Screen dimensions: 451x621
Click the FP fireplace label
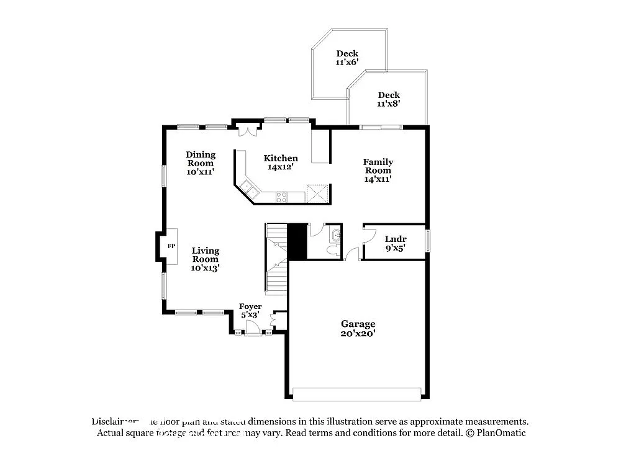tap(171, 246)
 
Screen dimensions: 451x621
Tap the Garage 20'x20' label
tap(358, 328)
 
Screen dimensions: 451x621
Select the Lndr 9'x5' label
tap(396, 243)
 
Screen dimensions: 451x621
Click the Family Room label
tap(378, 170)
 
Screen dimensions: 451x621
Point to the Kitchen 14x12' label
tap(281, 163)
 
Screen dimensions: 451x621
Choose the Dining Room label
tap(201, 163)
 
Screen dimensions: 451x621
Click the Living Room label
tap(205, 259)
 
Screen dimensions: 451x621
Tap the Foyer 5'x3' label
tap(250, 310)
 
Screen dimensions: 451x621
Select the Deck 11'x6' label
tap(347, 58)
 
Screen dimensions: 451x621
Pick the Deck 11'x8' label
tap(389, 99)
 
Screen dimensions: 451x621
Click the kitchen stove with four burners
tap(281, 197)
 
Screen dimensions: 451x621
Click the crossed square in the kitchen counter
tap(317, 194)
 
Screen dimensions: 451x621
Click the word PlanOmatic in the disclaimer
tap(502, 432)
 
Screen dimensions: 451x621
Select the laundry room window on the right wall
tap(428, 241)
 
